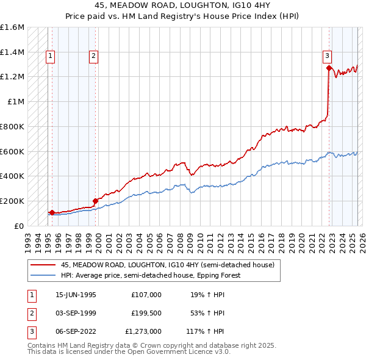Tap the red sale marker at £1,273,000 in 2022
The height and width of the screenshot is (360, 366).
coord(329,68)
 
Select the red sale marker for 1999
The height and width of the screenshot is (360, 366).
coord(95,201)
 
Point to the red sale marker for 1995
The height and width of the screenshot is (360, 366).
coord(52,212)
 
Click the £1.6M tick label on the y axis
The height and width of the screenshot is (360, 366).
coord(12,27)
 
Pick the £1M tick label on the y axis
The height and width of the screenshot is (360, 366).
coord(16,102)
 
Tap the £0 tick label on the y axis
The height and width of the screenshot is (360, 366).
coord(20,226)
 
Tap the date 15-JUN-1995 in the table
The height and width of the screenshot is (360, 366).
coord(76,294)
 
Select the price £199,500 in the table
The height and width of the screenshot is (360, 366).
coord(146,313)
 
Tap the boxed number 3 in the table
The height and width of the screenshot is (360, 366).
coord(31,332)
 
